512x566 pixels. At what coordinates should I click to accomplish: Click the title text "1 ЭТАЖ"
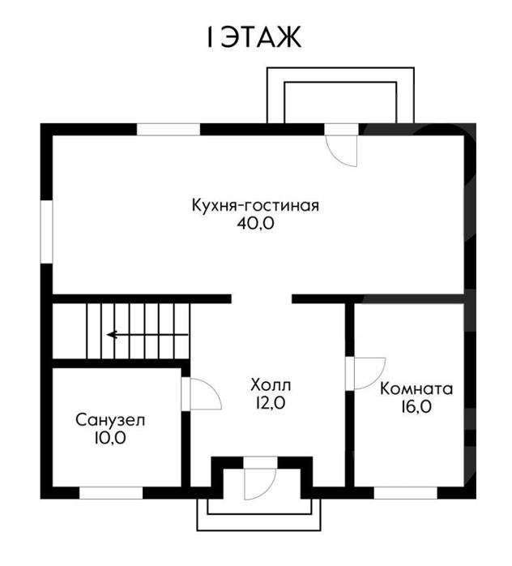tap(254, 37)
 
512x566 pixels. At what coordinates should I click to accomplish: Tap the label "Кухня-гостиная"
tap(255, 205)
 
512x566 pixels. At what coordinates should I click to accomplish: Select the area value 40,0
tap(256, 224)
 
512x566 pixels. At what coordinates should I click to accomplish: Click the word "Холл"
tap(271, 385)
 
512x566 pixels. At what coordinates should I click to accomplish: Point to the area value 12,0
tap(271, 403)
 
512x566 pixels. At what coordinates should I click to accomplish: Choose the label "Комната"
tap(416, 389)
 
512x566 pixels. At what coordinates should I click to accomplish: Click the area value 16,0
tap(416, 407)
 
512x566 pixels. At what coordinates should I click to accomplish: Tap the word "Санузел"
tap(110, 420)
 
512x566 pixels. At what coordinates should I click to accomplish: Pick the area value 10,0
tap(110, 438)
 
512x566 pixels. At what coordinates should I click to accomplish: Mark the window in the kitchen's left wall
tap(46, 231)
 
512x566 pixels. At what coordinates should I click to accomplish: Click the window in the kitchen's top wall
tap(169, 129)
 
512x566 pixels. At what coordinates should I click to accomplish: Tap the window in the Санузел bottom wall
tap(111, 493)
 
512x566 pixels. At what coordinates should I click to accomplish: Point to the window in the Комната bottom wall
tap(406, 493)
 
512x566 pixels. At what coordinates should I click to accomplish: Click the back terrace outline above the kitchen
tap(340, 68)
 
